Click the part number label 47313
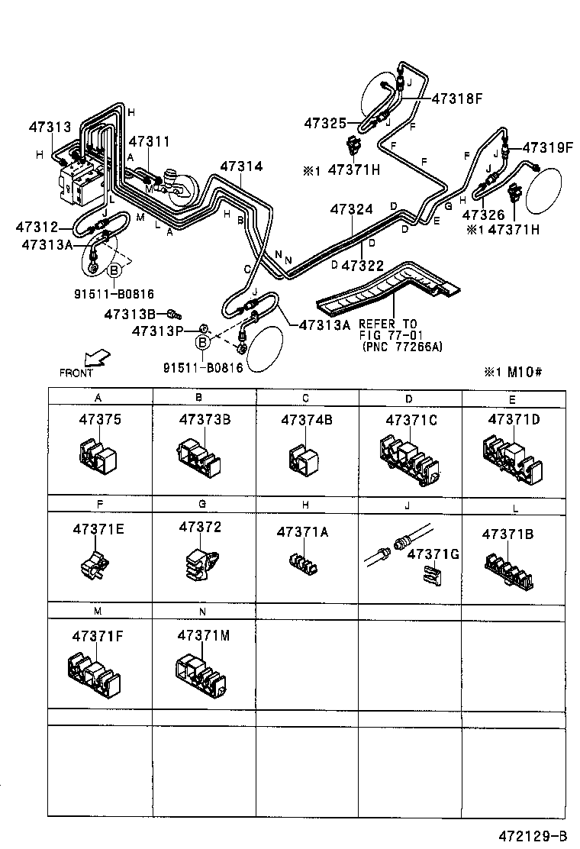50,128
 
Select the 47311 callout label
149,142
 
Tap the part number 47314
241,166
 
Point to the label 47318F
458,98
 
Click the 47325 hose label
325,122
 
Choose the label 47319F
547,148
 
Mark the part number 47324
351,208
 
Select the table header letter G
202,505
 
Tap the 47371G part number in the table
432,554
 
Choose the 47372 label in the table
200,528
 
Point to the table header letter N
202,612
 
